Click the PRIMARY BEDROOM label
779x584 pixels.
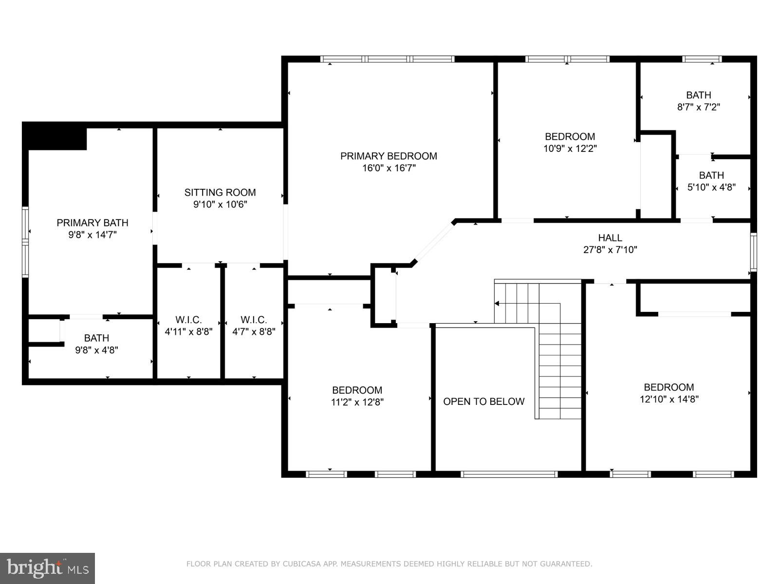pos(389,156)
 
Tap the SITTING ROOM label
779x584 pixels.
pos(220,193)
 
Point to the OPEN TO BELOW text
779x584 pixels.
pos(483,401)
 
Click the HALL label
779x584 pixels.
pos(610,238)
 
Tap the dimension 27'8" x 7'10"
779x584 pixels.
pos(610,250)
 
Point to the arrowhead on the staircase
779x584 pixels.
pos(497,304)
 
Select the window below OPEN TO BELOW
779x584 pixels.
pos(509,474)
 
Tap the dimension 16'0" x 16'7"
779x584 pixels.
pos(389,168)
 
